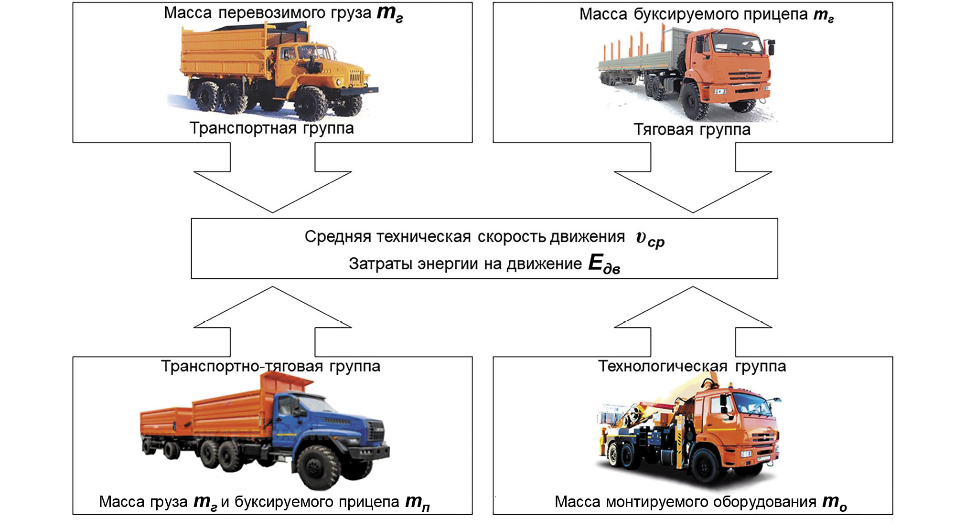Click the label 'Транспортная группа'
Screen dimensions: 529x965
tap(271, 128)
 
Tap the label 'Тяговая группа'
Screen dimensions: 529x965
tap(692, 129)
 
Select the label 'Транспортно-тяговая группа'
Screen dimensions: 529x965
tap(270, 366)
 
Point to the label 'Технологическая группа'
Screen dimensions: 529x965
tap(692, 366)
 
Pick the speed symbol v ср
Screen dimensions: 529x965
tap(650, 238)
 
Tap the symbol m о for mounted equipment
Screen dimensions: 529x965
tap(834, 502)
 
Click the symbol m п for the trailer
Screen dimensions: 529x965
tap(417, 502)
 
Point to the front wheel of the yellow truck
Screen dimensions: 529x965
tap(311, 103)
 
